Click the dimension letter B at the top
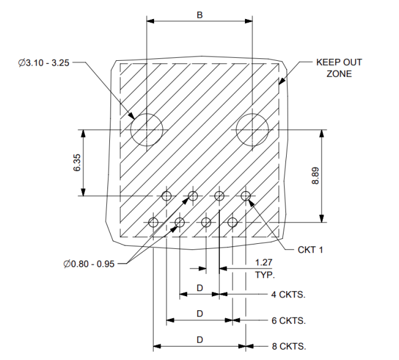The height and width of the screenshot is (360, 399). (199, 15)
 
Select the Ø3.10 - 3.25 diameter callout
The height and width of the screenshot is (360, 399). (44, 63)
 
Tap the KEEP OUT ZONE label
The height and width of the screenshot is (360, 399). (339, 68)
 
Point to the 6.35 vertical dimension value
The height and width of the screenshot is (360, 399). (77, 162)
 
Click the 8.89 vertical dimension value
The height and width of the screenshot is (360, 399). (316, 176)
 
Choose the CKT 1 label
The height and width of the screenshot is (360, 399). (311, 250)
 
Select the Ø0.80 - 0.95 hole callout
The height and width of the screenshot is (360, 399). (89, 264)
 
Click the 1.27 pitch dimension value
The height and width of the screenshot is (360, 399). (264, 262)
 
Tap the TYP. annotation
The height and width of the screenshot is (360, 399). (265, 275)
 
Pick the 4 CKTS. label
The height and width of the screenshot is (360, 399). (289, 294)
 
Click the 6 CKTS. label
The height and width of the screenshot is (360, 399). (289, 321)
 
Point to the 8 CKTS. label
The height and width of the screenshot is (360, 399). (289, 346)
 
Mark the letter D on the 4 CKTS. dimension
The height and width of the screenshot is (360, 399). (199, 288)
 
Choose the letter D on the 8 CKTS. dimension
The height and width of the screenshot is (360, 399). (199, 340)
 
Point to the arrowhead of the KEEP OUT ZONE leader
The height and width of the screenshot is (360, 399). (281, 81)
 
